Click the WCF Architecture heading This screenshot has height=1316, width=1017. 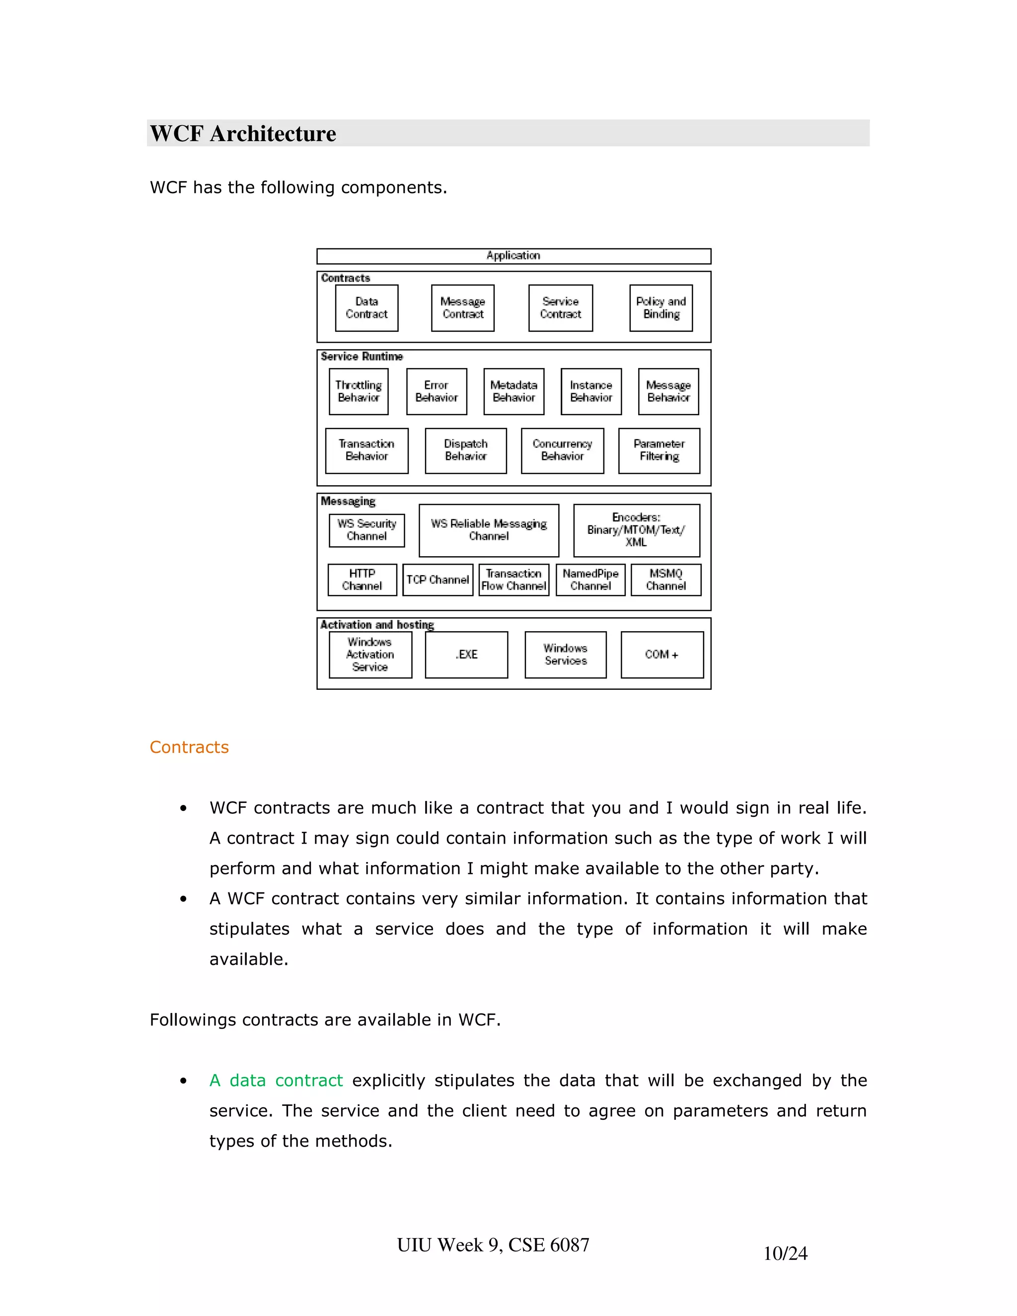pyautogui.click(x=243, y=133)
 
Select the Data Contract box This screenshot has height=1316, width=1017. pyautogui.click(x=366, y=308)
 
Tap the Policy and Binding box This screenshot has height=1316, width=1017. pyautogui.click(x=661, y=308)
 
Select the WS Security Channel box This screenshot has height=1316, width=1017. pyautogui.click(x=366, y=530)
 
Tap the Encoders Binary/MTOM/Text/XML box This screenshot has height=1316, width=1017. pyautogui.click(x=636, y=530)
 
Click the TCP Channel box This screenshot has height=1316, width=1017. pyautogui.click(x=437, y=580)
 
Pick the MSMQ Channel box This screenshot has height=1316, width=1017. pyautogui.click(x=666, y=580)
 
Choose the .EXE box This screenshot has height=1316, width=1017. pyautogui.click(x=466, y=655)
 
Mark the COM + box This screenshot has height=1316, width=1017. pyautogui.click(x=661, y=655)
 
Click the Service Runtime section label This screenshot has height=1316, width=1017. pyautogui.click(x=362, y=357)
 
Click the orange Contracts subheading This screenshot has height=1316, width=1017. pyautogui.click(x=189, y=747)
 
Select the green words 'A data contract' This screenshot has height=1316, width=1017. pyautogui.click(x=276, y=1081)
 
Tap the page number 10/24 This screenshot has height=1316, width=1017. pyautogui.click(x=785, y=1253)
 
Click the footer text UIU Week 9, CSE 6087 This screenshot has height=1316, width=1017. pyautogui.click(x=493, y=1245)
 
